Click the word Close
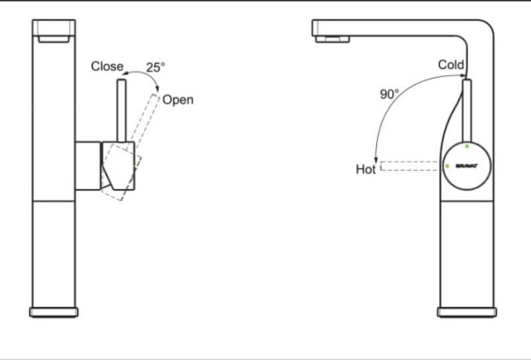coord(107,66)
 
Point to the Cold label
coord(450,65)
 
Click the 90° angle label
coord(390,93)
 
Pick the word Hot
coord(366,167)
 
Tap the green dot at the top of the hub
coord(466,144)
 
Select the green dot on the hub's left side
coord(447,165)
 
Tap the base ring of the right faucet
coord(466,310)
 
